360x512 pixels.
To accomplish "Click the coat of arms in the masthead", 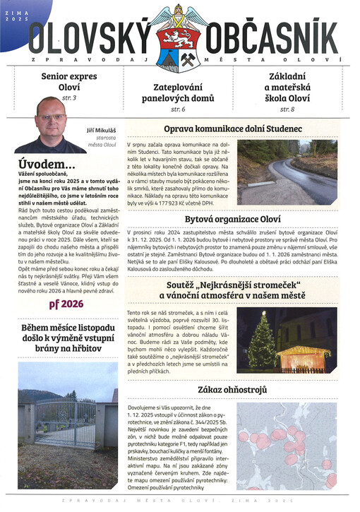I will pyautogui.click(x=179, y=38).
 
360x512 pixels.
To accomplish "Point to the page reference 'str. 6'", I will pyautogui.click(x=179, y=110).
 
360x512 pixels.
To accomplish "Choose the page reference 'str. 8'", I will pyautogui.click(x=287, y=109).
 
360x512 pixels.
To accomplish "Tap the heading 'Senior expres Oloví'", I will pyautogui.click(x=69, y=81).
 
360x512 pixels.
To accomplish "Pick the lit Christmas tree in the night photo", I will pyautogui.click(x=263, y=343).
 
